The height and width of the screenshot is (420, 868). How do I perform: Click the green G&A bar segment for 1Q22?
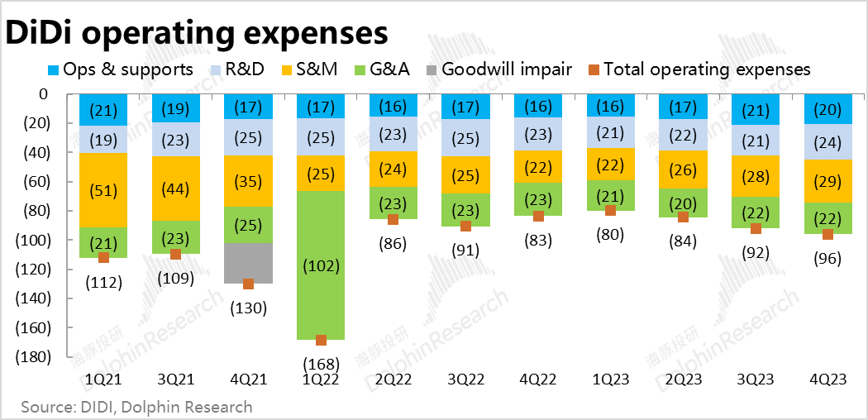point(321,265)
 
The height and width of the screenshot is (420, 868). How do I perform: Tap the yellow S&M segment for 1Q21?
point(103,190)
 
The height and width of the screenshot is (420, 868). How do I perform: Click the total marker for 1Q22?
point(321,340)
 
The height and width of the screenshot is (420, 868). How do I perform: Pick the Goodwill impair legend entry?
point(498,69)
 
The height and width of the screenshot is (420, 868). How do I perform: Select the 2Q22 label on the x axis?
point(393,379)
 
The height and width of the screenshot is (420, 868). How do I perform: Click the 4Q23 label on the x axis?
point(827,379)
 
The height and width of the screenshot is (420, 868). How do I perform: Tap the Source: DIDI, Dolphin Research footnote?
point(136,407)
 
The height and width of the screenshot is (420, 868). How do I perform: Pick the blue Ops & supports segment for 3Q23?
point(756,110)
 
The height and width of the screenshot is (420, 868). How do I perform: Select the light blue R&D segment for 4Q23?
point(827,142)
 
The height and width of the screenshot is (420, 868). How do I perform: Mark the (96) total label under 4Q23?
point(827,258)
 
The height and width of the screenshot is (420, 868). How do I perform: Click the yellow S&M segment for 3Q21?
point(175,189)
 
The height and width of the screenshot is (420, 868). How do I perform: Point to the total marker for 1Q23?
point(611,211)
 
